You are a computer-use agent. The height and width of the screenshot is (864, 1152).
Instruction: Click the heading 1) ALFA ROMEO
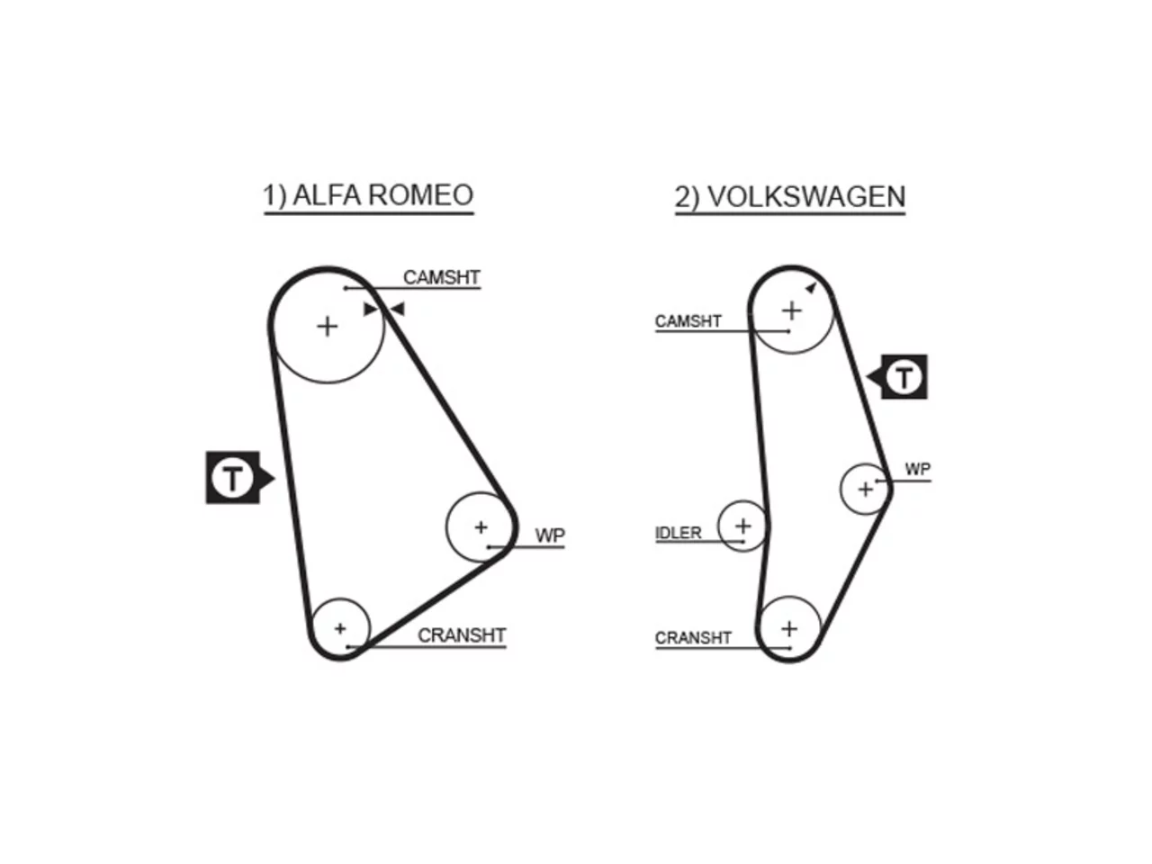(368, 195)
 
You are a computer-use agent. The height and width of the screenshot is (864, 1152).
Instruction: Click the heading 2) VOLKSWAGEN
(790, 197)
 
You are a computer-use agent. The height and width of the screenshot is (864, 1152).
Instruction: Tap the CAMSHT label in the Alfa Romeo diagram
(441, 277)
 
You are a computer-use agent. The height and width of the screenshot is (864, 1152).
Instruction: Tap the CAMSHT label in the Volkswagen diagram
(688, 321)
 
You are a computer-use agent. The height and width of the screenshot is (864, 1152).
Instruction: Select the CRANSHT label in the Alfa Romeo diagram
(462, 635)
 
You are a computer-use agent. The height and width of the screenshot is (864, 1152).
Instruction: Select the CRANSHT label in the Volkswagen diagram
(693, 638)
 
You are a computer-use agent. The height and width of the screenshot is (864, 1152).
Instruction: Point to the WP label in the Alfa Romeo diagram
(550, 535)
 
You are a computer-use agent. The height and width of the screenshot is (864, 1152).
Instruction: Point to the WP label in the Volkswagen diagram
(918, 469)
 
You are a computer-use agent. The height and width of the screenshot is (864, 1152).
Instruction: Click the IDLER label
(678, 533)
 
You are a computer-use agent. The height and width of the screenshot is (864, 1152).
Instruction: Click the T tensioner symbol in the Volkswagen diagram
(897, 377)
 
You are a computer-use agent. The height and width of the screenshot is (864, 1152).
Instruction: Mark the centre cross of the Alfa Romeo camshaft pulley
(328, 327)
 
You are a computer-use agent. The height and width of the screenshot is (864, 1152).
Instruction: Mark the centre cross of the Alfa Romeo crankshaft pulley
(340, 628)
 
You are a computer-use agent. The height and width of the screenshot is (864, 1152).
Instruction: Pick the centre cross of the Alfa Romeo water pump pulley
(481, 527)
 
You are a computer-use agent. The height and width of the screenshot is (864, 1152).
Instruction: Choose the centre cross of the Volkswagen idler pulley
(743, 526)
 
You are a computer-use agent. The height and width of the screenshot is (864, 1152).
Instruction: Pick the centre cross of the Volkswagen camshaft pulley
(792, 310)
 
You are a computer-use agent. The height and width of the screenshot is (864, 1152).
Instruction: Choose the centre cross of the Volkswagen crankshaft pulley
(789, 628)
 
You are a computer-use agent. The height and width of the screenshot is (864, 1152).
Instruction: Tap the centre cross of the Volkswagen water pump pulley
(865, 490)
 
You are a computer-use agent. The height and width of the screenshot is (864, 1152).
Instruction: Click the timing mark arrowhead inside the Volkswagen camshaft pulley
(812, 288)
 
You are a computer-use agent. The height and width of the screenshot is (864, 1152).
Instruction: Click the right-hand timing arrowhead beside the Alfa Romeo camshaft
(397, 309)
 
